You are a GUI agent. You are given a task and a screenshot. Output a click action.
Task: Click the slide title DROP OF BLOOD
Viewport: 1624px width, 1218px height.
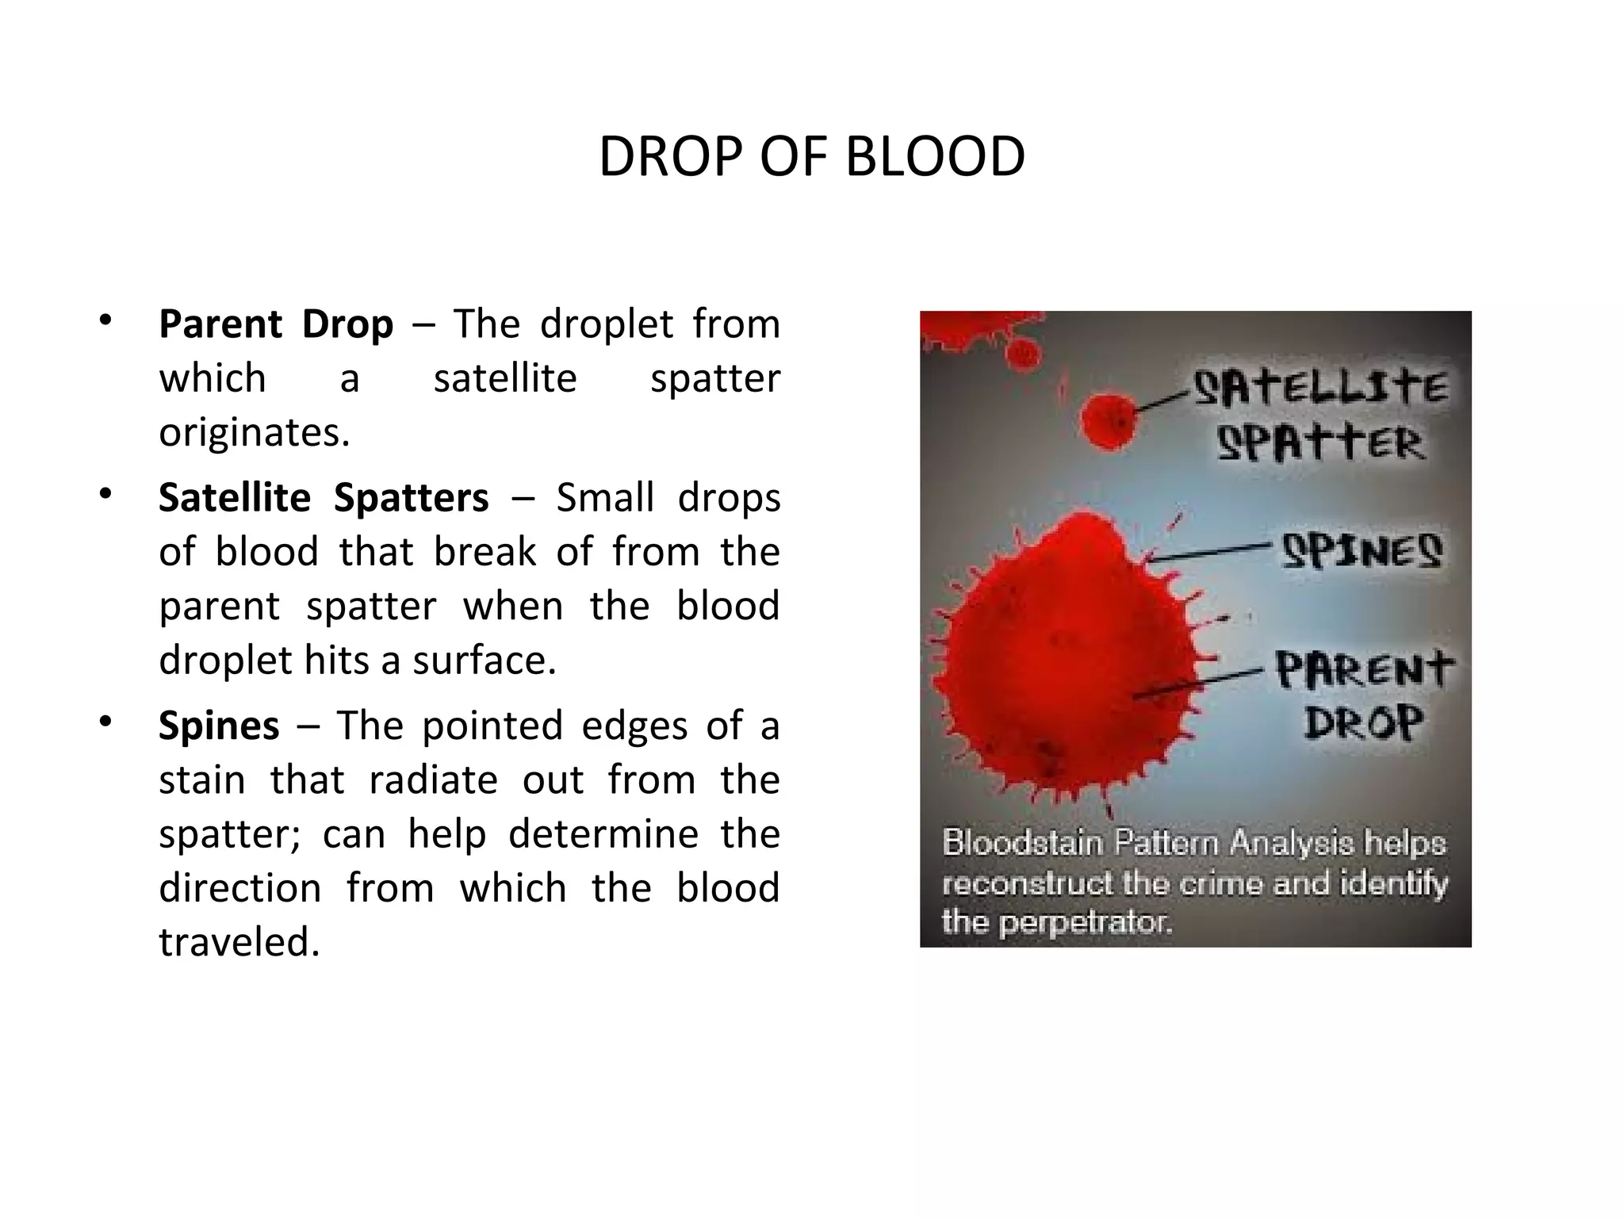pyautogui.click(x=811, y=157)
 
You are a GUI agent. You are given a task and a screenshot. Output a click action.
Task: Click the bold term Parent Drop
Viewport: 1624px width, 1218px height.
pyautogui.click(x=275, y=324)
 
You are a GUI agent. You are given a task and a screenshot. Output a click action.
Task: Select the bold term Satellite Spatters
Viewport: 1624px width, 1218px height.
pyautogui.click(x=324, y=498)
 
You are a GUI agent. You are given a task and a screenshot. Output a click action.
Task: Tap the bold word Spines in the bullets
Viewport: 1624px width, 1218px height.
pyautogui.click(x=219, y=726)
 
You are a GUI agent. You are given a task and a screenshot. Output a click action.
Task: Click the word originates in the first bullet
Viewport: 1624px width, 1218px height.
pyautogui.click(x=254, y=433)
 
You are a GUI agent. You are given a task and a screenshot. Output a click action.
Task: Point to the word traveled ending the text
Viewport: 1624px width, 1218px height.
pyautogui.click(x=239, y=942)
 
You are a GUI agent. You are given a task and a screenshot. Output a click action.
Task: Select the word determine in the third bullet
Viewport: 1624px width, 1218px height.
pyautogui.click(x=603, y=834)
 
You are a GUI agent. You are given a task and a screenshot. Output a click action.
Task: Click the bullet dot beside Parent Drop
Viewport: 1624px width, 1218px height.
pyautogui.click(x=105, y=321)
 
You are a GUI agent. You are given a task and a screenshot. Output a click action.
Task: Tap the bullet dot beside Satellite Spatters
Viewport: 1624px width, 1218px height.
pyautogui.click(x=105, y=495)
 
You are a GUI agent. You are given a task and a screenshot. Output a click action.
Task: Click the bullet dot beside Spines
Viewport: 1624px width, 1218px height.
pyautogui.click(x=105, y=722)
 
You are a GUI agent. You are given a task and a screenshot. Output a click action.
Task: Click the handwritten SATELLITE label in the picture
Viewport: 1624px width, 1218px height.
pyautogui.click(x=1320, y=389)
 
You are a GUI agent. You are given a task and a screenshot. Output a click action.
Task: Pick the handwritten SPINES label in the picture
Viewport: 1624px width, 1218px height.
pyautogui.click(x=1362, y=550)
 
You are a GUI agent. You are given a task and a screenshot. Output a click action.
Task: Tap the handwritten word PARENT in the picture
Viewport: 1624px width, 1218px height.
pyautogui.click(x=1364, y=670)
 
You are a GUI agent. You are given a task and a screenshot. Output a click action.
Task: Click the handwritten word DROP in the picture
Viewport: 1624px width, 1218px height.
pyautogui.click(x=1364, y=722)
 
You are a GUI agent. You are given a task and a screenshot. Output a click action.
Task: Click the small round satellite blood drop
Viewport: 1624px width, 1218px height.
pyautogui.click(x=1109, y=421)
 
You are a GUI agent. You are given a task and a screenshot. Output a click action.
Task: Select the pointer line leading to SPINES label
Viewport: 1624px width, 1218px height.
pyautogui.click(x=1209, y=553)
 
